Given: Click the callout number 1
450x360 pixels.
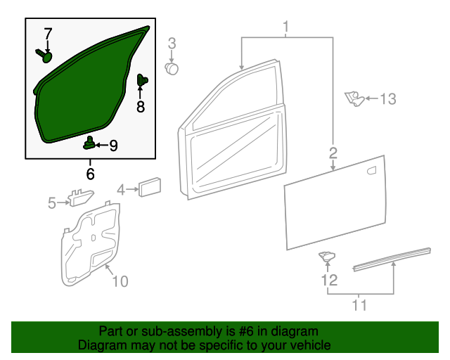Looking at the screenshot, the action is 287,27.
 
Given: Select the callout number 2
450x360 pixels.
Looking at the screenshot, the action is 333,153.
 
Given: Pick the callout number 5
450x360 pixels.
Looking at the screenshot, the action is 51,203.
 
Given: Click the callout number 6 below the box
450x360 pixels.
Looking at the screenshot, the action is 90,173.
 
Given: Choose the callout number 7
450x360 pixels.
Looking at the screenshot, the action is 48,34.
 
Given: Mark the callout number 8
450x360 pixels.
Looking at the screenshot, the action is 140,106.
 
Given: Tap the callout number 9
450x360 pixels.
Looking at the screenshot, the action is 112,146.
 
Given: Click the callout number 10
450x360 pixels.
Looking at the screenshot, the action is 120,281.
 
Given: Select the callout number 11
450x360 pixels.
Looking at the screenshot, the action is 359,306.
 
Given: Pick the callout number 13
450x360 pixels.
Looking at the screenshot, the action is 388,99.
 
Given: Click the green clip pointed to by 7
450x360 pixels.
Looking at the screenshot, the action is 46,56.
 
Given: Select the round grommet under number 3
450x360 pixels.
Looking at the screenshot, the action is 172,67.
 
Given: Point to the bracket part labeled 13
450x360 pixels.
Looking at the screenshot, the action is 354,98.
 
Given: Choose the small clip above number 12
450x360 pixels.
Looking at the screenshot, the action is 327,257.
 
